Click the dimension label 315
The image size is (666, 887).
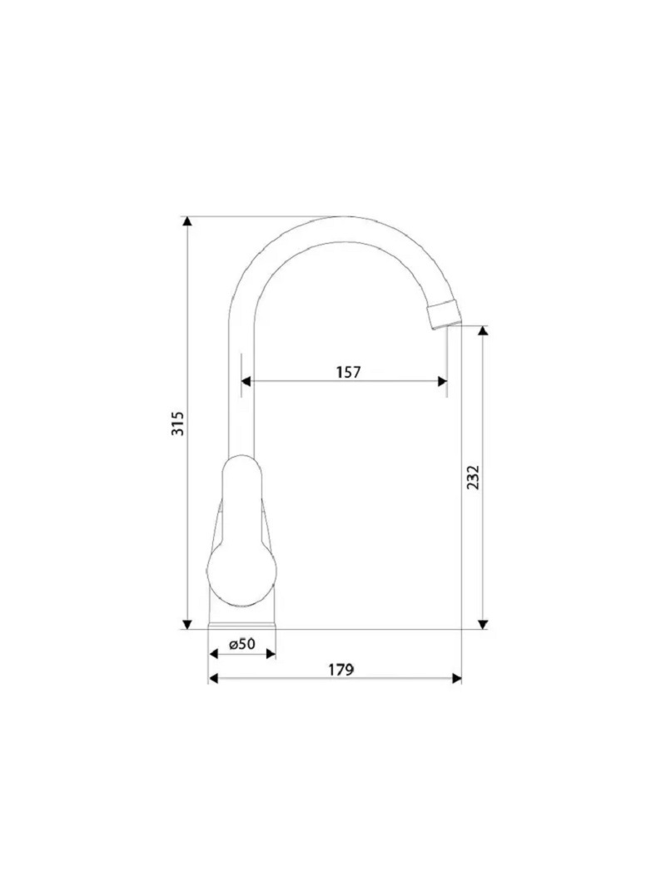[x=177, y=423]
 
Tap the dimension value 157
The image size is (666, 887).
[x=348, y=372]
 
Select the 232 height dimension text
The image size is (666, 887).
[x=473, y=478]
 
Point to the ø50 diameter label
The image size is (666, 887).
[x=242, y=644]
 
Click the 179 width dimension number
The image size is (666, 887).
[x=341, y=670]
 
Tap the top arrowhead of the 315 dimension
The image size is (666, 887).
[x=186, y=221]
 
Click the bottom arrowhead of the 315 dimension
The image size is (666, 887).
[x=186, y=624]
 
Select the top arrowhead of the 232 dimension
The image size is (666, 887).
[x=482, y=330]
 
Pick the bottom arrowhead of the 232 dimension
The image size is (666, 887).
[x=482, y=624]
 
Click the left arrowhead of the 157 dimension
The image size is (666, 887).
[x=246, y=381]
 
